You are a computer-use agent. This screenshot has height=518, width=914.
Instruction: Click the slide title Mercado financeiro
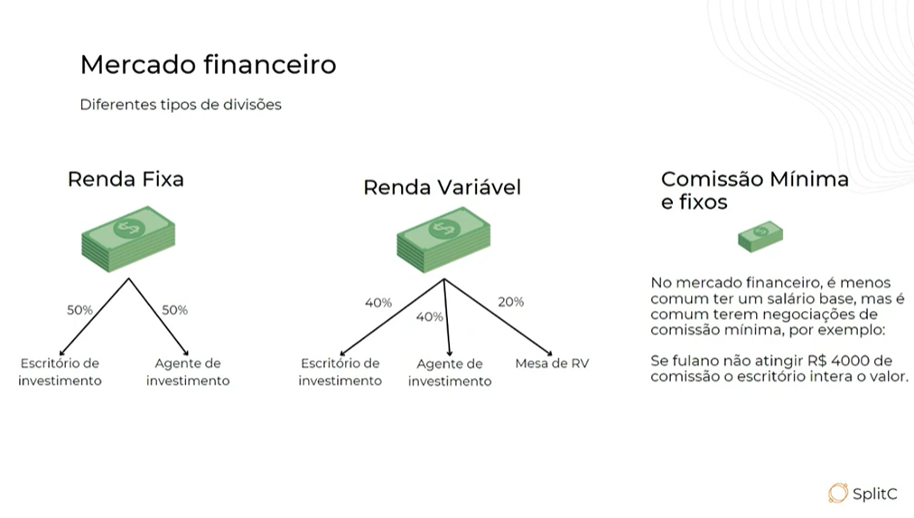(208, 65)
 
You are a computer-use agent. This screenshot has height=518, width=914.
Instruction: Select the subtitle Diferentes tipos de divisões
(181, 105)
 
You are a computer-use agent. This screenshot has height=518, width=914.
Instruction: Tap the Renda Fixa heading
(126, 179)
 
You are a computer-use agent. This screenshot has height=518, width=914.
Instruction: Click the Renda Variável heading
(442, 188)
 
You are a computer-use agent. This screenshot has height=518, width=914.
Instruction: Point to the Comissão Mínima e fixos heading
(754, 190)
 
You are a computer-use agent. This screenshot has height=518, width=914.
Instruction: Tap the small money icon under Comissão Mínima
(760, 237)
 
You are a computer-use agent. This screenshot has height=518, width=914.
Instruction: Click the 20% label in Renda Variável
(510, 302)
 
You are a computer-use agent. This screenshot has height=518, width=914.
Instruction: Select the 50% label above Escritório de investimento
(79, 310)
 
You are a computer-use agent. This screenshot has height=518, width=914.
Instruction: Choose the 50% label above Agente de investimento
(174, 310)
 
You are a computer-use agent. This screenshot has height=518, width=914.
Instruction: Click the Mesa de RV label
(552, 363)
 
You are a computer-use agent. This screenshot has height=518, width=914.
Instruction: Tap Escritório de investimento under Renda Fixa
(61, 372)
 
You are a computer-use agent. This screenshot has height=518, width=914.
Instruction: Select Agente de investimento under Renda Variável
(450, 372)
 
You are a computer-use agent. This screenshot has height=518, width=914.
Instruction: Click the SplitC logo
(863, 493)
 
